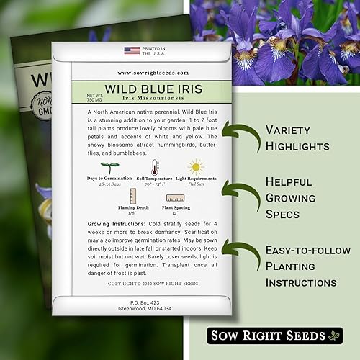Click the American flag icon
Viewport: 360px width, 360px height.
tap(132, 50)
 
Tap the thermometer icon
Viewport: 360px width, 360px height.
tap(154, 167)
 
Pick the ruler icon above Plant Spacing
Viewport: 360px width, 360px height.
tap(174, 198)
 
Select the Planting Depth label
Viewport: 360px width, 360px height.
tap(131, 207)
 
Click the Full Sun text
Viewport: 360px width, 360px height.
tap(195, 184)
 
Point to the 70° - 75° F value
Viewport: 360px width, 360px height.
tap(154, 184)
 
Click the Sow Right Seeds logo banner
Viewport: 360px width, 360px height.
tap(274, 335)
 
